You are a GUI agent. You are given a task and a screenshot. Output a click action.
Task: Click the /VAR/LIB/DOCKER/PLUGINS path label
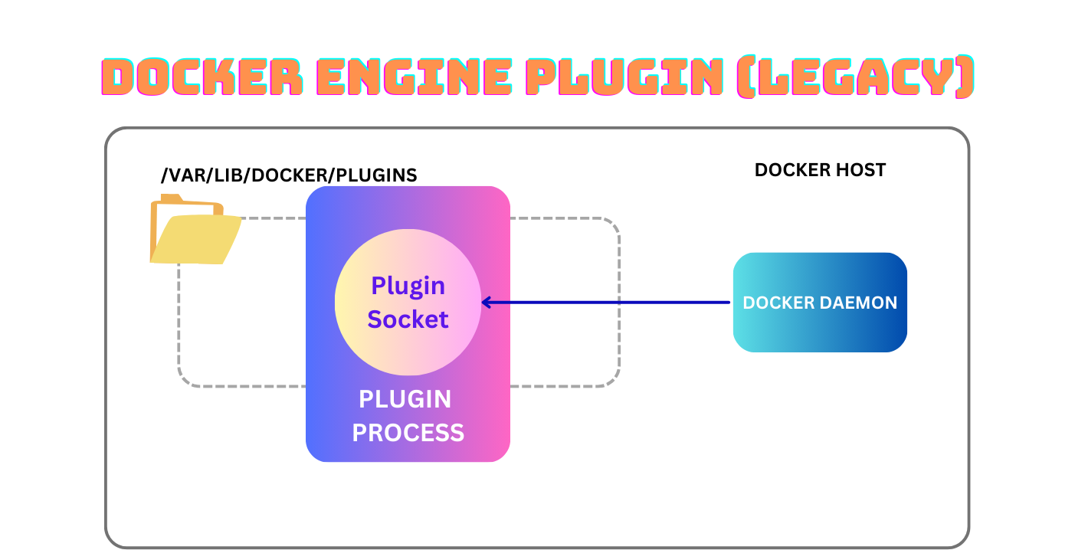(289, 175)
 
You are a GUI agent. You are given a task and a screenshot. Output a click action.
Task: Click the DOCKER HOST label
(820, 170)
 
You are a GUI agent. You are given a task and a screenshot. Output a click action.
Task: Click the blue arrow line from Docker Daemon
(613, 303)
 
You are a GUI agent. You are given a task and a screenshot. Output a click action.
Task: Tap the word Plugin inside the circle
(408, 286)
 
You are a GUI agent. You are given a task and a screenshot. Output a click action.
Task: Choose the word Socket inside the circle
(408, 319)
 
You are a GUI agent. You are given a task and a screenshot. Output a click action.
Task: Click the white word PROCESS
(408, 433)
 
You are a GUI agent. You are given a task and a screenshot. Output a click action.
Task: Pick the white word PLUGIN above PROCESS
(405, 399)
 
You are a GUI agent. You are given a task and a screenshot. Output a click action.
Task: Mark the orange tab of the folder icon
(170, 199)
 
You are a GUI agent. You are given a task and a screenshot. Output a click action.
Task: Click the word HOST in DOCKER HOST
(860, 170)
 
